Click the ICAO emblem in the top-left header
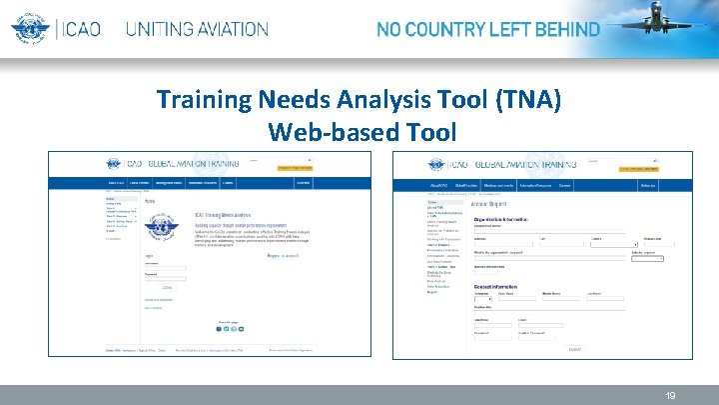(x=30, y=28)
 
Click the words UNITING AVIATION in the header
(x=197, y=29)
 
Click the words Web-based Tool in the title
(x=361, y=131)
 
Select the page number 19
(x=671, y=396)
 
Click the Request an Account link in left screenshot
(x=283, y=256)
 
